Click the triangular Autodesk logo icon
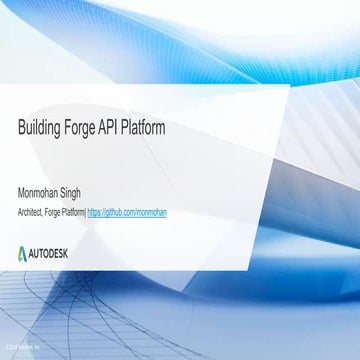[x=25, y=251]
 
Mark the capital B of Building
[x=21, y=129]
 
